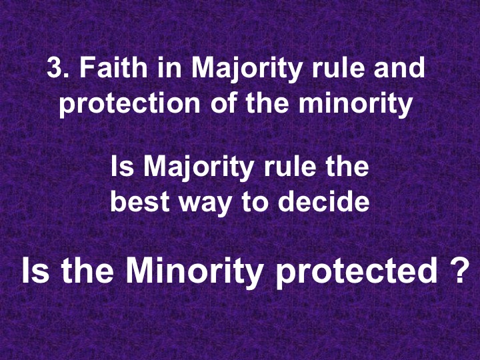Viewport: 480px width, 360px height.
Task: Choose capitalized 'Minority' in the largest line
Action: [195, 272]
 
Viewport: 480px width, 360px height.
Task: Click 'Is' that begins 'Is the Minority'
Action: [35, 272]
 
